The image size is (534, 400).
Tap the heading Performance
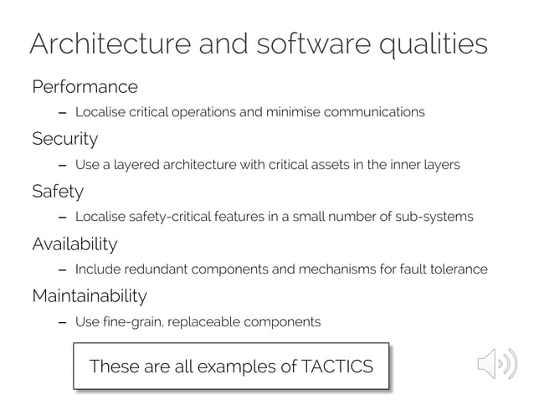85,87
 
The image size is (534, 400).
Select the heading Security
64,139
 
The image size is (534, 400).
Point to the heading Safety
58,192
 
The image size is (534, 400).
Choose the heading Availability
74,244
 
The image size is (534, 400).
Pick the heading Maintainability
89,296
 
